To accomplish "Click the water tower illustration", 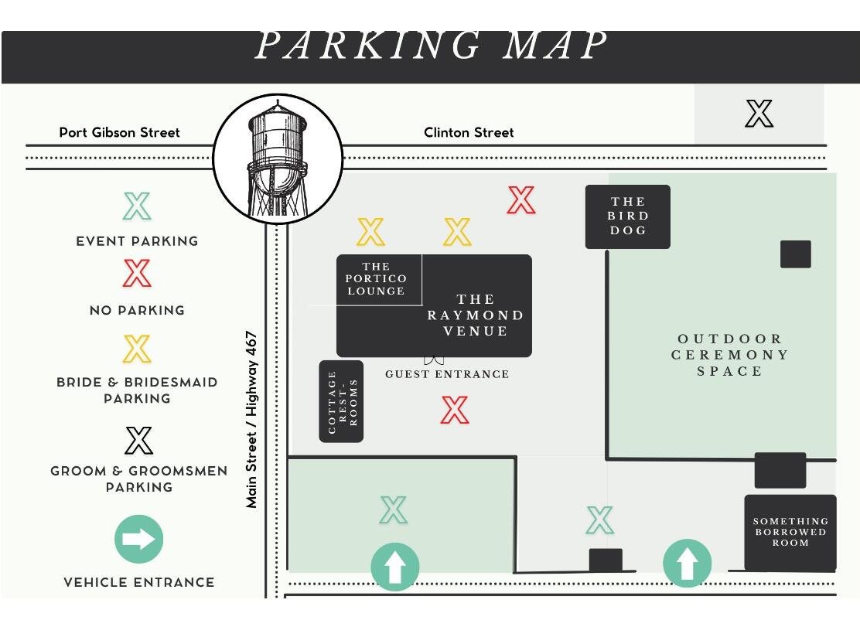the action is tap(278, 159).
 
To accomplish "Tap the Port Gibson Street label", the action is tap(120, 132).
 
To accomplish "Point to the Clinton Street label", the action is tap(469, 132).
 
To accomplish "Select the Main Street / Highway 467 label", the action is tap(251, 419).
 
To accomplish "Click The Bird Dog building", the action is tap(627, 216).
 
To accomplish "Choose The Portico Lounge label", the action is tap(376, 278).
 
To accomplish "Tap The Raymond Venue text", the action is tap(476, 315).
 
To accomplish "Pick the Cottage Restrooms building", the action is tap(341, 401).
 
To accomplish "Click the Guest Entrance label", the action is tap(447, 374).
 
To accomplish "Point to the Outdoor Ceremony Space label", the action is tap(729, 355).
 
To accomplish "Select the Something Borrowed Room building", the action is tap(790, 532).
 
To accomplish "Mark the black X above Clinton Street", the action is tap(759, 114).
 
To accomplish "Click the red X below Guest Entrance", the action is tap(455, 410).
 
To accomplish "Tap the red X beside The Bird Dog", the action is tap(521, 200).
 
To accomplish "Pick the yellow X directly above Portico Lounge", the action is tap(370, 231).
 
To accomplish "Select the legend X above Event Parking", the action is tap(137, 206).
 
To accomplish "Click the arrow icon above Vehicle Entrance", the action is tap(138, 540).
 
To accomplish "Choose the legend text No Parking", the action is tap(137, 310).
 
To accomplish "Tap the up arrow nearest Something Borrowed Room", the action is tap(688, 563).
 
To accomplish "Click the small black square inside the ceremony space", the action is tap(795, 254).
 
